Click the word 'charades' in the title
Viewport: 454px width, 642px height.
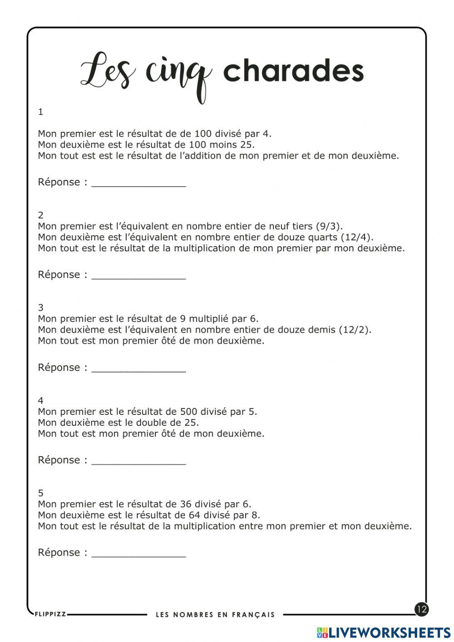click(x=293, y=72)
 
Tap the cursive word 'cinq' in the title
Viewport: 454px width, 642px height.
click(x=178, y=75)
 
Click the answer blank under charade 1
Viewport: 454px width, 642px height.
click(x=138, y=183)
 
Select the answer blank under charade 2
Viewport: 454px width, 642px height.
click(x=138, y=276)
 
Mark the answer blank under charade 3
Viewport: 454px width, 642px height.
click(x=138, y=368)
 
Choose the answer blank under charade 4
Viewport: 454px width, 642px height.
click(x=138, y=461)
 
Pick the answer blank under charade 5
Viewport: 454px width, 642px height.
click(x=138, y=554)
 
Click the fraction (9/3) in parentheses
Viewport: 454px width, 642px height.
click(x=329, y=226)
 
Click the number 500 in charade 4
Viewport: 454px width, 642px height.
click(x=189, y=412)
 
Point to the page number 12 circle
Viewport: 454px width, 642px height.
click(x=421, y=609)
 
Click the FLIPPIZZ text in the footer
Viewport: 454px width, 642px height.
click(x=50, y=614)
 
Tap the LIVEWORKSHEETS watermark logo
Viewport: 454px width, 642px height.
click(x=384, y=632)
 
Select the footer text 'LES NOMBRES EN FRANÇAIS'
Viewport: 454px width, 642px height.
click(x=215, y=615)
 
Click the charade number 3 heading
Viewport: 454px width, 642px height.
click(x=41, y=308)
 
